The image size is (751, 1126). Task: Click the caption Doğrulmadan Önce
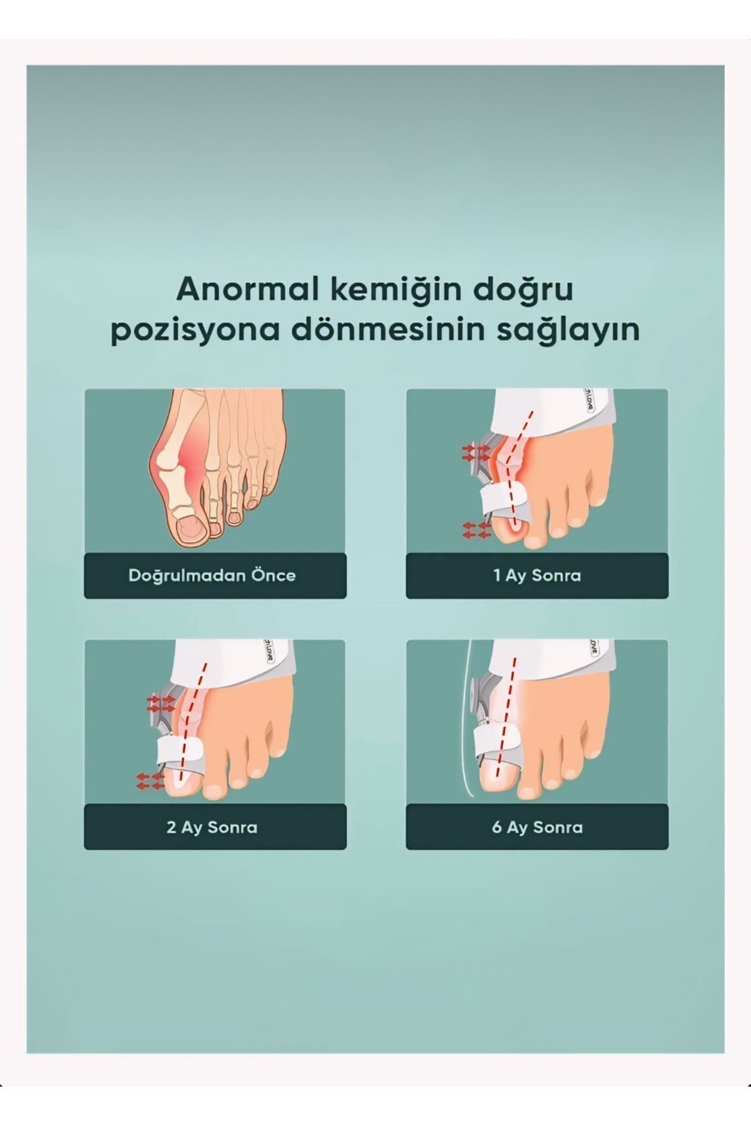(x=212, y=576)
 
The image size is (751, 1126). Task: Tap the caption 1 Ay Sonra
(x=537, y=576)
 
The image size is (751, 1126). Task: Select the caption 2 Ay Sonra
(x=212, y=827)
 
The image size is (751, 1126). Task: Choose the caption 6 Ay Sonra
(x=537, y=827)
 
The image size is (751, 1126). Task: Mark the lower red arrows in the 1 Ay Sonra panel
(x=475, y=530)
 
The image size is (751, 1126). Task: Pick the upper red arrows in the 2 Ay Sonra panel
(x=160, y=703)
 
